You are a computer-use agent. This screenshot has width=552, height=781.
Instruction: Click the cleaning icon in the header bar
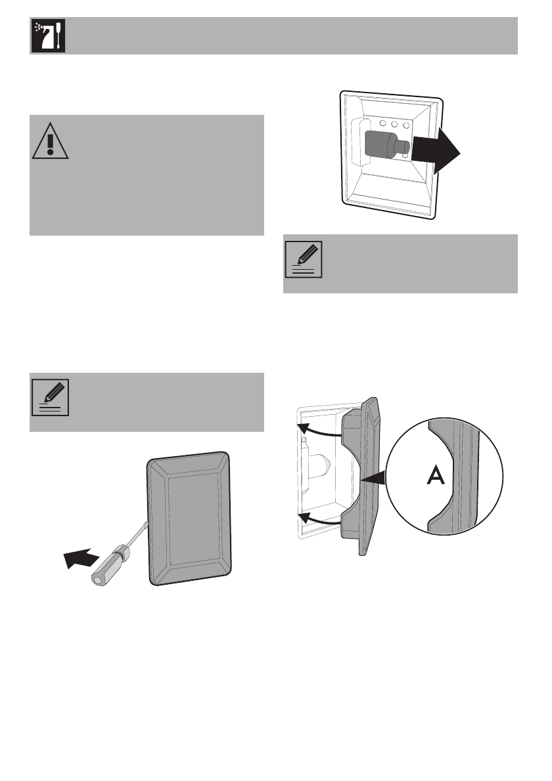click(47, 36)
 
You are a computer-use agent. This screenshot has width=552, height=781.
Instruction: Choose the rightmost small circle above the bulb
click(407, 124)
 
